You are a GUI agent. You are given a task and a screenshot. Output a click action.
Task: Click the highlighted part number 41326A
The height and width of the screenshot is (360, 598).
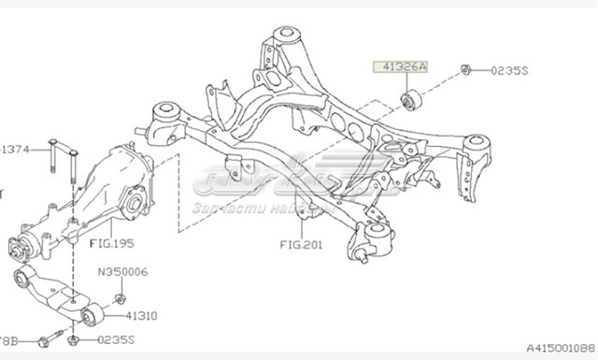[399, 67]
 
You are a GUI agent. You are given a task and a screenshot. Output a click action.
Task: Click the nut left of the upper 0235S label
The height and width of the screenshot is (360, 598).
[464, 69]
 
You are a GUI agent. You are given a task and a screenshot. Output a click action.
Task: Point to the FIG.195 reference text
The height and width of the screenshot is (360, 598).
[111, 245]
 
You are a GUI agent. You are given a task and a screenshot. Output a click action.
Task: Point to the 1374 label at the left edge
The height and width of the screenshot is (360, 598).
[16, 149]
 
